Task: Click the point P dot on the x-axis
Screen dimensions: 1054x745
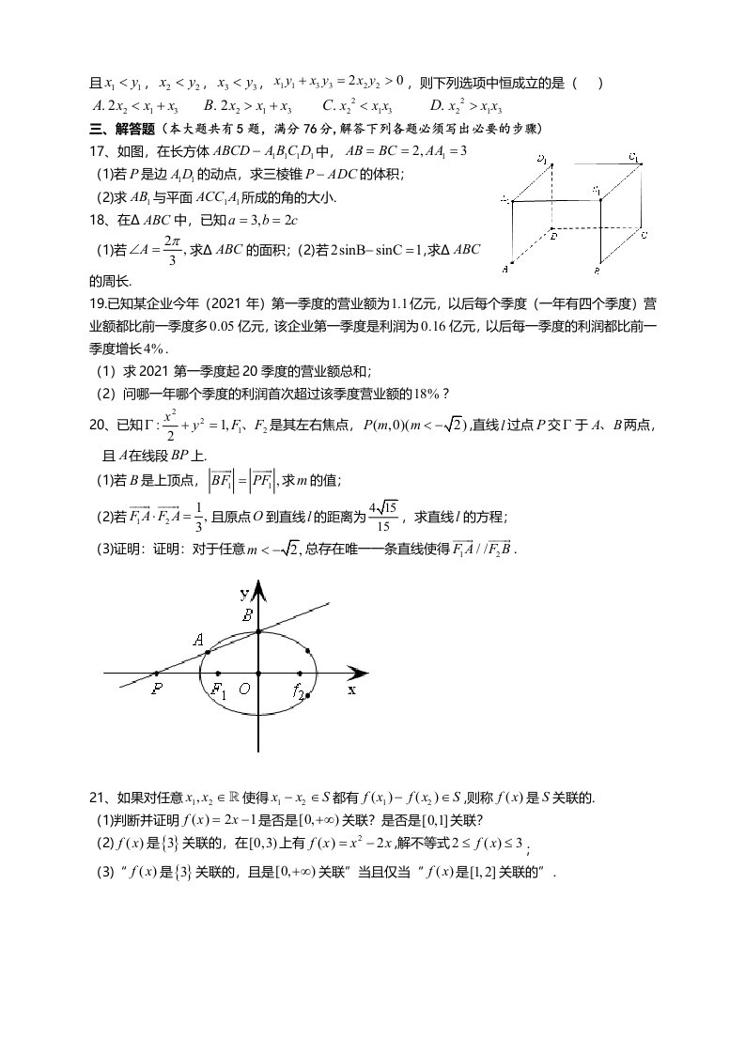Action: (x=156, y=673)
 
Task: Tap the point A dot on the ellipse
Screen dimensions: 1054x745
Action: (x=208, y=652)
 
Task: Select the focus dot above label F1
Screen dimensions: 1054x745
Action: (x=219, y=673)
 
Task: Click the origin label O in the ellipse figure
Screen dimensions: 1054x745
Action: (x=244, y=689)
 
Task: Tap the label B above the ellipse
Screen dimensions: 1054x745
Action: (x=247, y=615)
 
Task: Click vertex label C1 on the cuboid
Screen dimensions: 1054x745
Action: (x=634, y=157)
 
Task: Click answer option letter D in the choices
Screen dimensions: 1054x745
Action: (x=435, y=106)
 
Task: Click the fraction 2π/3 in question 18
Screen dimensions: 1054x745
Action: (x=170, y=251)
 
